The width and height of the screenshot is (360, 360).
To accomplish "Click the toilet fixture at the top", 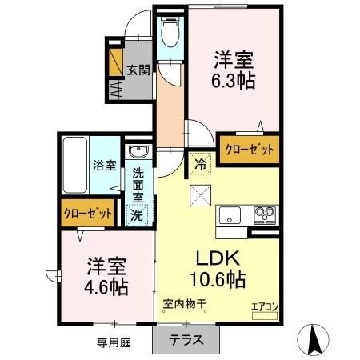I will pos(170,32).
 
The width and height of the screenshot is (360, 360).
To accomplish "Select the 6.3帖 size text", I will pos(234,79).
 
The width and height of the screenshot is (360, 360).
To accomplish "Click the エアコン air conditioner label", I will pos(264,305).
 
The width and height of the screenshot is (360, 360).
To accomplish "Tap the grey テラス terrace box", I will pos(186,338).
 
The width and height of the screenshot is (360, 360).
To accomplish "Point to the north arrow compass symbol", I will pos(314,339).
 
